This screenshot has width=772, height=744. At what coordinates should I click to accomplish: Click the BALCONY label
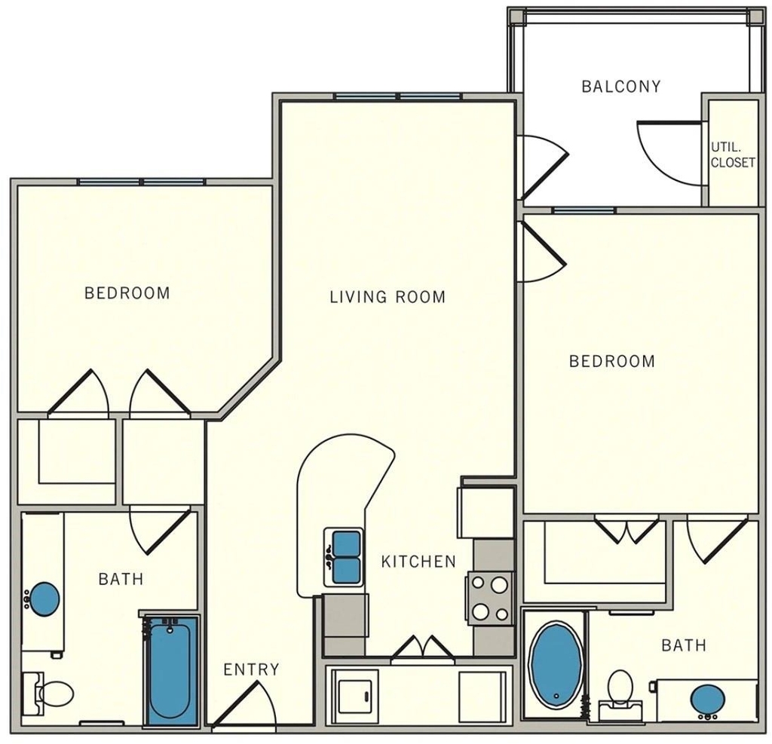[x=621, y=87]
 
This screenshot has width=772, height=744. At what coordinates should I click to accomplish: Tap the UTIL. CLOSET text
[x=733, y=155]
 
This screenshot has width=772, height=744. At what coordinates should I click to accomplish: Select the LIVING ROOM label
[x=388, y=297]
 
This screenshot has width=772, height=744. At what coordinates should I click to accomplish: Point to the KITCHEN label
[x=418, y=562]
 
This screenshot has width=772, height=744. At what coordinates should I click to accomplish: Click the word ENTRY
[x=251, y=669]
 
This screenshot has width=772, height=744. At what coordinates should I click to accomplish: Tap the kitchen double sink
[x=344, y=557]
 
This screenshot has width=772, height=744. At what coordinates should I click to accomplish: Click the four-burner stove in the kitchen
[x=489, y=599]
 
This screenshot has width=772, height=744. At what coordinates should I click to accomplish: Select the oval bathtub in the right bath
[x=556, y=664]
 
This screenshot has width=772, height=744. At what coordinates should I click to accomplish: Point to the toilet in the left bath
[x=48, y=693]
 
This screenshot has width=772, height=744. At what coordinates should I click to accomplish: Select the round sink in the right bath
[x=707, y=700]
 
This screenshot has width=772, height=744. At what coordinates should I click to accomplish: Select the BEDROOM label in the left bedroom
[x=127, y=293]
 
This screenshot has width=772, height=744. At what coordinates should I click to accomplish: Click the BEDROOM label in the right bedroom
[x=612, y=361]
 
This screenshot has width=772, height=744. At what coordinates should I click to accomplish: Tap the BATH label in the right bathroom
[x=684, y=644]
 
